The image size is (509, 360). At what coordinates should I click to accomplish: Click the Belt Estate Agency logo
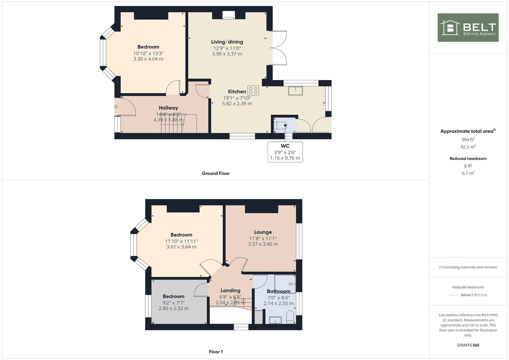coord(468,28)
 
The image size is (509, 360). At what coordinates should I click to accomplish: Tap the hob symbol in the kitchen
coord(253,90)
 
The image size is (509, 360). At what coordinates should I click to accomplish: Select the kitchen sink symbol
coord(295,91)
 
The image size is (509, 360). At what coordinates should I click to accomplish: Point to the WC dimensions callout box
coord(285,152)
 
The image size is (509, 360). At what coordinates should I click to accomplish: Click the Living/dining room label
coord(227,42)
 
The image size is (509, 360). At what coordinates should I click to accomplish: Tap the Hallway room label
coord(168,108)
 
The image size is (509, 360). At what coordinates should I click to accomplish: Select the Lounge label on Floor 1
coord(263,232)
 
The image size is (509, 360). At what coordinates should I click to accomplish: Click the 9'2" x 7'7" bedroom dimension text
coord(173,303)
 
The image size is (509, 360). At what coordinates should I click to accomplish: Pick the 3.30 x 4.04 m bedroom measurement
coord(148,59)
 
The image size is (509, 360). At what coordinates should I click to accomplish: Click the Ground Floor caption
coord(216,173)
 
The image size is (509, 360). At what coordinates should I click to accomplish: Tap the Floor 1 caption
coord(216,352)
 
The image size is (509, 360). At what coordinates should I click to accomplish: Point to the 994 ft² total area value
coord(468,140)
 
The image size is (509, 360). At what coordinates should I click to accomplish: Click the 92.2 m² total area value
coord(468,147)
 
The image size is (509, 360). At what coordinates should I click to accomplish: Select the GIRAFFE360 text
coord(468,345)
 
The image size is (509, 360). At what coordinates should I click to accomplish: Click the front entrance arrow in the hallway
coord(115,107)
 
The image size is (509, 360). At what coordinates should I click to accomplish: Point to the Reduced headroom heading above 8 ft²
coord(468,159)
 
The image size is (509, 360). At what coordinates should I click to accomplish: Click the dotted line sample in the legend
coord(454,295)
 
